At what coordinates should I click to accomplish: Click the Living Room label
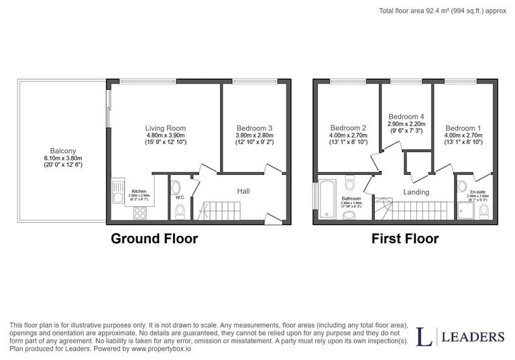(166, 128)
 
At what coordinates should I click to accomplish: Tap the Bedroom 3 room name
(254, 128)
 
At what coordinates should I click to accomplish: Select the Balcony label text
(62, 151)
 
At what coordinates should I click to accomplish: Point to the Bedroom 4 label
(406, 116)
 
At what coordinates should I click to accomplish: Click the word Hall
(243, 191)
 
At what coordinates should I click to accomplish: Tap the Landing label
(416, 192)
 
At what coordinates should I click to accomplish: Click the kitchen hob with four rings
(141, 213)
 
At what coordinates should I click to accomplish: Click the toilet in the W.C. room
(179, 212)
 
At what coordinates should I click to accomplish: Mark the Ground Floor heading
(154, 239)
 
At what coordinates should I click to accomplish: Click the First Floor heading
(406, 239)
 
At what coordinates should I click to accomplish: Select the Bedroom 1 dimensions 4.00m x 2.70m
(463, 135)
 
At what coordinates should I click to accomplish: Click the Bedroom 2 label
(348, 128)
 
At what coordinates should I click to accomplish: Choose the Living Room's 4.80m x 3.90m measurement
(166, 135)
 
